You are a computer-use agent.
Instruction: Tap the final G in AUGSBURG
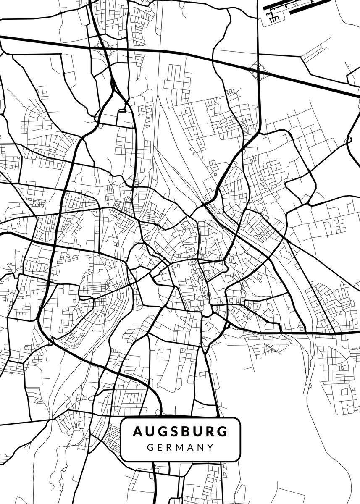point(223,432)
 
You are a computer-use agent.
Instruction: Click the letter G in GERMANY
point(150,447)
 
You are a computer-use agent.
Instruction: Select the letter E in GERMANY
point(160,447)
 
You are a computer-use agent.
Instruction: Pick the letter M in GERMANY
point(181,447)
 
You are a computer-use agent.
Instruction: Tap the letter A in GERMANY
point(192,447)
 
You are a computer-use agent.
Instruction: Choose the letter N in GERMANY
point(201,447)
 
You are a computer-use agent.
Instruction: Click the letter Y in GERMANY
point(211,447)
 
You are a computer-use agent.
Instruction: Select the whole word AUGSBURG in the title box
point(180,432)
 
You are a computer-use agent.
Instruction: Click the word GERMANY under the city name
point(181,447)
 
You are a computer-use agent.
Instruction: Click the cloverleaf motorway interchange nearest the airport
point(257,67)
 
